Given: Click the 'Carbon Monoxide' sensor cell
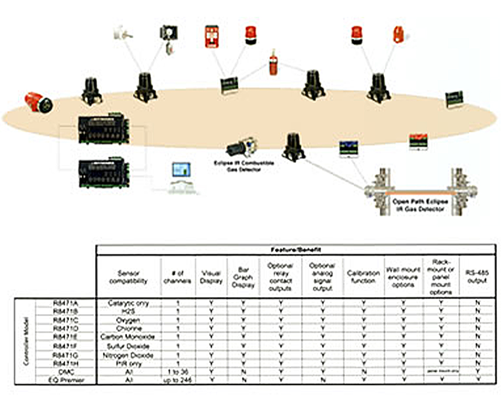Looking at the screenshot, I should (129, 337).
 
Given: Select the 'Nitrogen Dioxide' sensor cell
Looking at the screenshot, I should (129, 355).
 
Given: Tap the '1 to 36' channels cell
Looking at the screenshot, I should (178, 371).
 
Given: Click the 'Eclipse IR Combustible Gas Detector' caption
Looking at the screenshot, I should (244, 166).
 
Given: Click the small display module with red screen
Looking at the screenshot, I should (418, 140).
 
